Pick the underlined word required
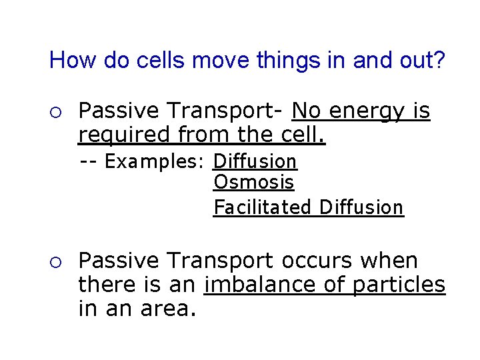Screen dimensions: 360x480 coord(124,135)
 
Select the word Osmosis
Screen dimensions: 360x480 coord(253,182)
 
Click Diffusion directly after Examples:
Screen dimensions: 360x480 coord(255,162)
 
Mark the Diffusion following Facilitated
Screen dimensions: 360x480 coord(361,207)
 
